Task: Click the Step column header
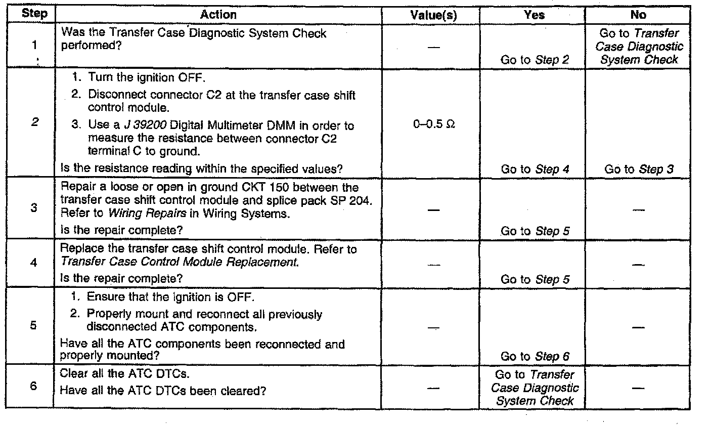click(34, 14)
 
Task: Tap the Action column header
click(218, 15)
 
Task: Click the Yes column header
click(534, 15)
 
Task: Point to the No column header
click(638, 15)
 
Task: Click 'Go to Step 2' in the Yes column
click(535, 60)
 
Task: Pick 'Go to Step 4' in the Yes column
click(535, 169)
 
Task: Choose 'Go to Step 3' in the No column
click(639, 169)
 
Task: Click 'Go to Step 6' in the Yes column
click(535, 356)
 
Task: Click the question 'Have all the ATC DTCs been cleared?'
click(163, 391)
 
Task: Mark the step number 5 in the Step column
click(33, 325)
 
